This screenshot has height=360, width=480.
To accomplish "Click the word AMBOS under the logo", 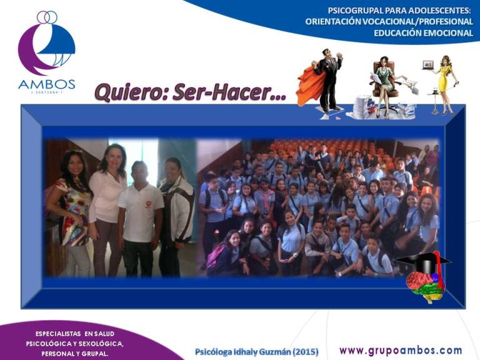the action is (47, 84).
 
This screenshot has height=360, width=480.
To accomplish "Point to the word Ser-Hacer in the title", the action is (229, 92).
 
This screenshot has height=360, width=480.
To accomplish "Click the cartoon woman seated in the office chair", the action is (386, 82).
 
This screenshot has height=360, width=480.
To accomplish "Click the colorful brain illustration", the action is (425, 286).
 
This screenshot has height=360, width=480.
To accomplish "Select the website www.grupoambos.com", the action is (401, 351).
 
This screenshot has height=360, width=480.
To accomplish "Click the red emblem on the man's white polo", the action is (149, 204).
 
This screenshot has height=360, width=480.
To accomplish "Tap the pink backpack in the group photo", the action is (214, 257).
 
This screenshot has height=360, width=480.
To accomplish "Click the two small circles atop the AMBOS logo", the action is (47, 17).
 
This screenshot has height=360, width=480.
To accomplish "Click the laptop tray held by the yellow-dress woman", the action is (428, 66).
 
